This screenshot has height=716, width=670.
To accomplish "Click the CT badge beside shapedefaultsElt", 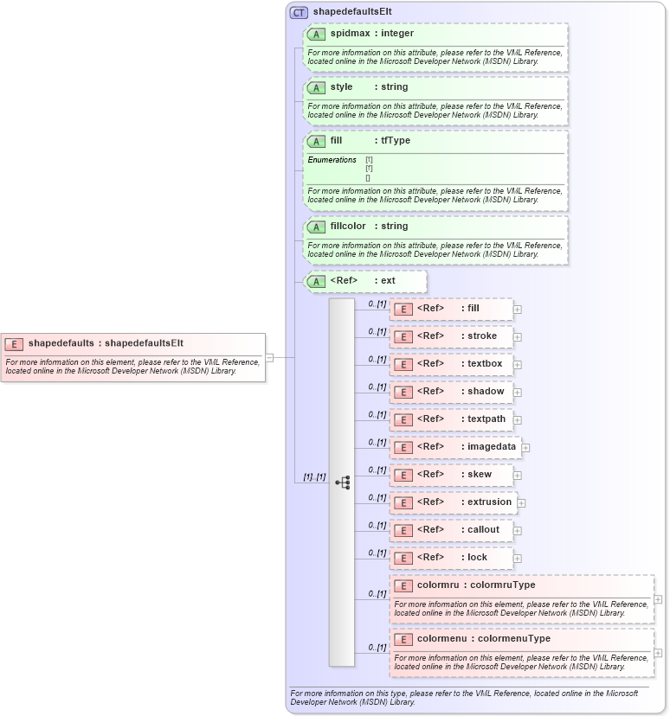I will (x=299, y=12).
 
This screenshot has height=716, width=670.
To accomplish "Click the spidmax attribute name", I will (x=349, y=34).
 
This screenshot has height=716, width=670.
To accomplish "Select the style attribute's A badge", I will (x=316, y=87).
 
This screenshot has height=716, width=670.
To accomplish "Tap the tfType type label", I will (x=396, y=141).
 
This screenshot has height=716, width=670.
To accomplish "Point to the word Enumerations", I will (x=332, y=160).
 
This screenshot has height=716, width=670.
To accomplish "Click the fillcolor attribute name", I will (x=348, y=227).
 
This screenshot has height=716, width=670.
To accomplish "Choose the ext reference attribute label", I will (x=388, y=281).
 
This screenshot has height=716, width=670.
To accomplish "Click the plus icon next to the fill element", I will (x=518, y=309).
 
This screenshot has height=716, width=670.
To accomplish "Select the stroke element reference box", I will (x=451, y=336).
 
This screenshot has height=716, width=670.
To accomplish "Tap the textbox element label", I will (x=485, y=364).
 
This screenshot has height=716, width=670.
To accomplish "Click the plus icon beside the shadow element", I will (x=518, y=392).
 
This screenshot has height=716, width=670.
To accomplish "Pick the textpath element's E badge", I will (x=403, y=419).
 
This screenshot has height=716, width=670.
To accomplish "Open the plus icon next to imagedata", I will (x=525, y=448).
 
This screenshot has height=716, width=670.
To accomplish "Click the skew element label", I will (x=479, y=475).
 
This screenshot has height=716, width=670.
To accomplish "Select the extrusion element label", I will (x=489, y=502).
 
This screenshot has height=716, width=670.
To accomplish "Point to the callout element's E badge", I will (x=403, y=530).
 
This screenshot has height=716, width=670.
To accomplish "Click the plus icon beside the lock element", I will (x=518, y=558).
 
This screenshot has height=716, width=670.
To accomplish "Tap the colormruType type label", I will (x=502, y=585).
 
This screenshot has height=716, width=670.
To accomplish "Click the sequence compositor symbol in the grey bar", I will (x=342, y=483).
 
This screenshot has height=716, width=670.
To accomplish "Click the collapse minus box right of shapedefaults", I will (x=269, y=357).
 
